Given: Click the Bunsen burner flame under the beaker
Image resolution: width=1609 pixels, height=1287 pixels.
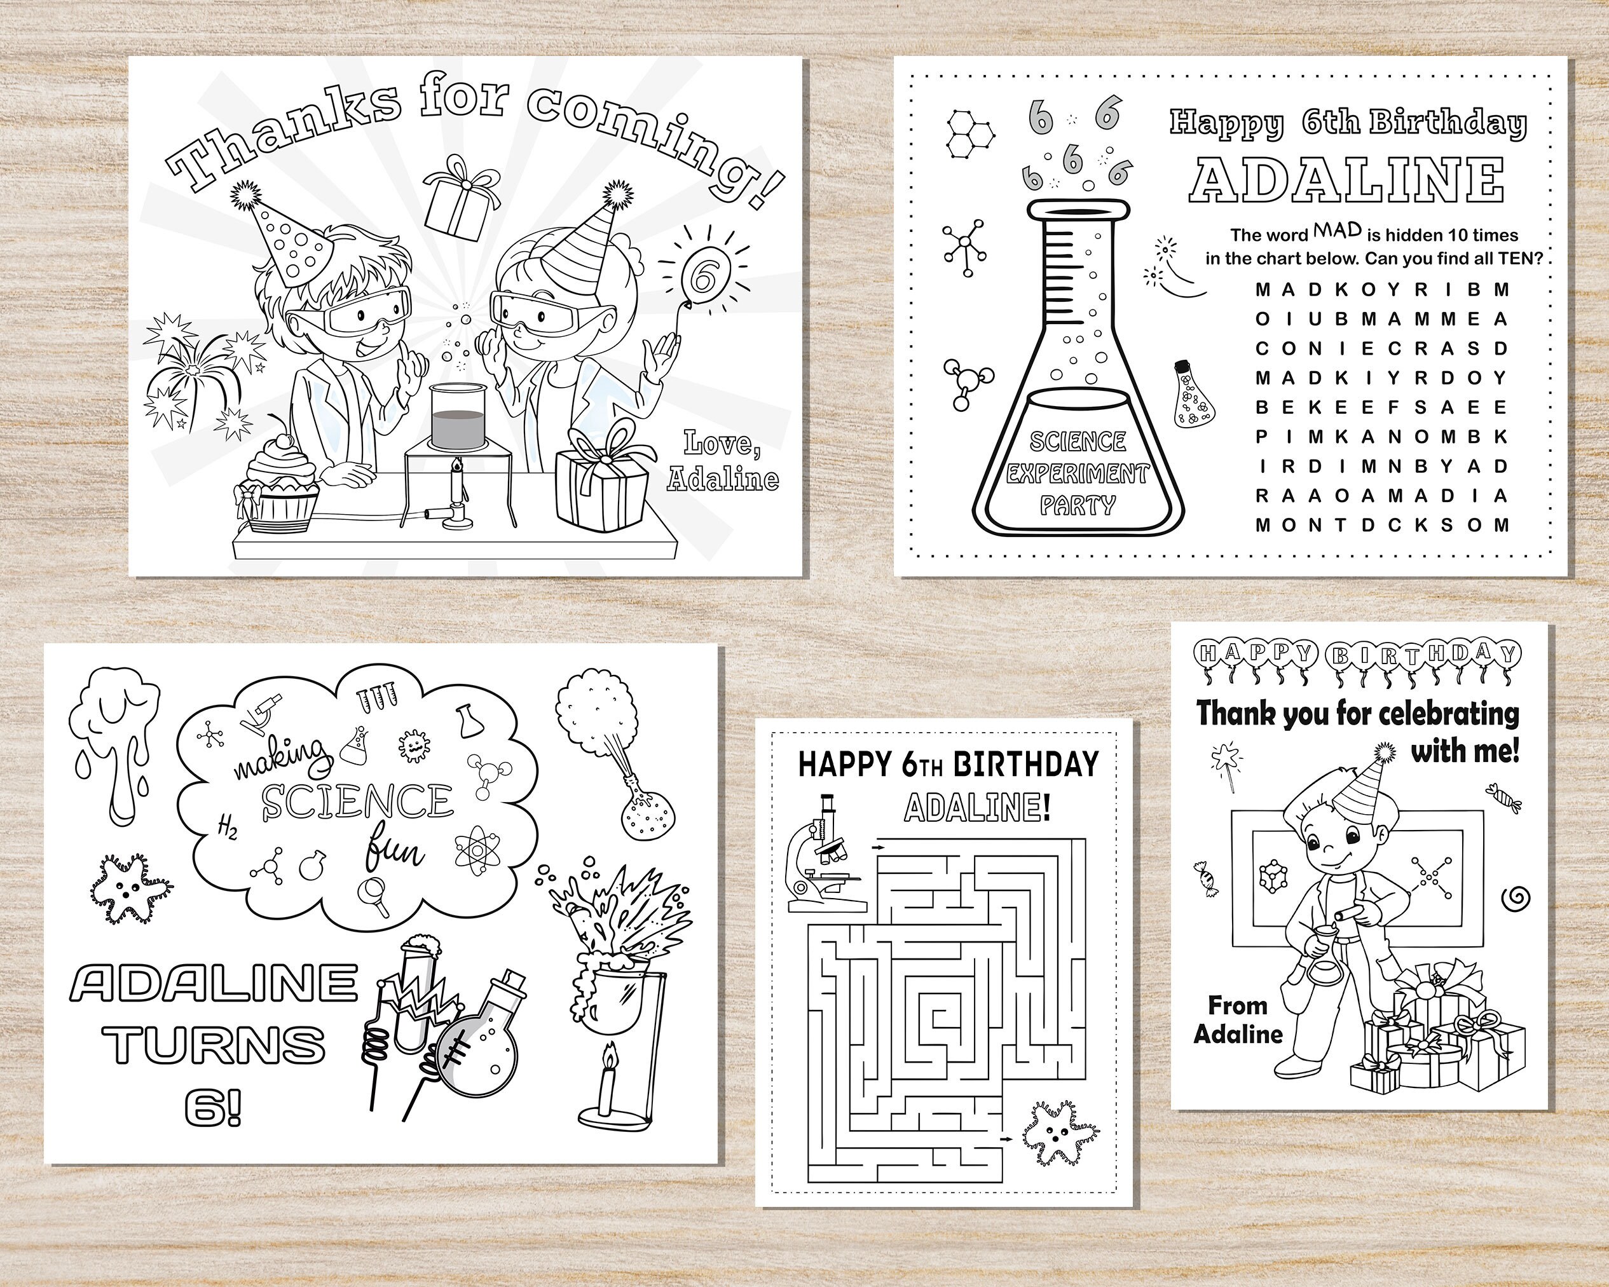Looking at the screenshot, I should point(455,468).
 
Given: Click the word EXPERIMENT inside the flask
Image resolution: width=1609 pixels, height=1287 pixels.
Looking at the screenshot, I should point(1077,473).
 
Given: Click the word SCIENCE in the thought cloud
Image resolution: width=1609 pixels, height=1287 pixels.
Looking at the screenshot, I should point(357,801).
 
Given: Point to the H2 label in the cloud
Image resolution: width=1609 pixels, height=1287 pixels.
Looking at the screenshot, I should point(227,827).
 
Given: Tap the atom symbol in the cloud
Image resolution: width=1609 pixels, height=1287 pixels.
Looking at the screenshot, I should point(475,849).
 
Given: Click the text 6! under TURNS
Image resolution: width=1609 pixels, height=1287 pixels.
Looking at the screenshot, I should point(214,1107).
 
